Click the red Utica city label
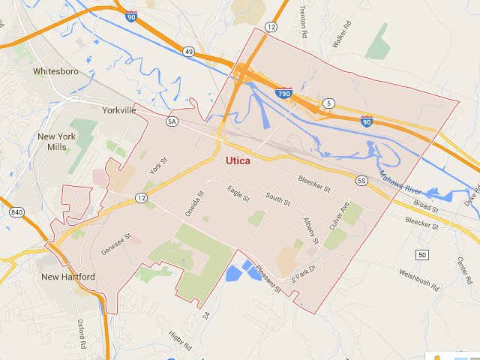[238, 160]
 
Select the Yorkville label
[118, 109]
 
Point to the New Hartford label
[68, 277]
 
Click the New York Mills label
[57, 142]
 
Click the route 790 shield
[283, 94]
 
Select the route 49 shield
[188, 51]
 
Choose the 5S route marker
[361, 181]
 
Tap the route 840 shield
[16, 213]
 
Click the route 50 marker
[422, 255]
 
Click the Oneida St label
[194, 204]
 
